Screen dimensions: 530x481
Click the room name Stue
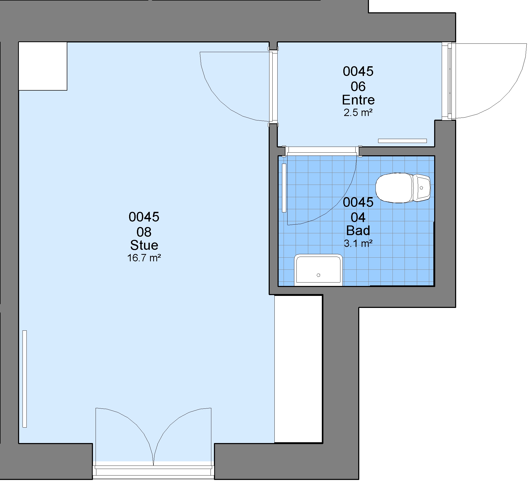pyautogui.click(x=144, y=245)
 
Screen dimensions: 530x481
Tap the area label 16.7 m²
pyautogui.click(x=144, y=258)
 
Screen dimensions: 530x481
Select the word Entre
pyautogui.click(x=358, y=100)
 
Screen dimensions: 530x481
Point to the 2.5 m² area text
pyautogui.click(x=358, y=113)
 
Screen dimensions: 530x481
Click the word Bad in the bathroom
pyautogui.click(x=358, y=230)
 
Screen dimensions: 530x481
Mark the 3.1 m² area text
pyautogui.click(x=358, y=244)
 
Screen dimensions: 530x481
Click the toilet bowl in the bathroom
pyautogui.click(x=394, y=188)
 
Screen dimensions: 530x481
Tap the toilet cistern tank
pyautogui.click(x=422, y=188)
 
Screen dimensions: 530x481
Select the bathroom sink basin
pyautogui.click(x=318, y=270)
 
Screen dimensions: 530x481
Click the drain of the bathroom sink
pyautogui.click(x=318, y=275)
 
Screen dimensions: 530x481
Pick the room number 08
pyautogui.click(x=144, y=232)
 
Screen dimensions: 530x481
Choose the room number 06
pyautogui.click(x=358, y=86)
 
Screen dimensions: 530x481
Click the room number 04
pyautogui.click(x=358, y=217)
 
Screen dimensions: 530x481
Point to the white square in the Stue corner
pyautogui.click(x=43, y=66)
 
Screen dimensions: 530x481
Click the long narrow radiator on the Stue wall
pyautogui.click(x=25, y=379)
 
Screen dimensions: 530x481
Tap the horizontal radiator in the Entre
pyautogui.click(x=402, y=141)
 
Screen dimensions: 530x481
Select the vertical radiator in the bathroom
pyautogui.click(x=284, y=188)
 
